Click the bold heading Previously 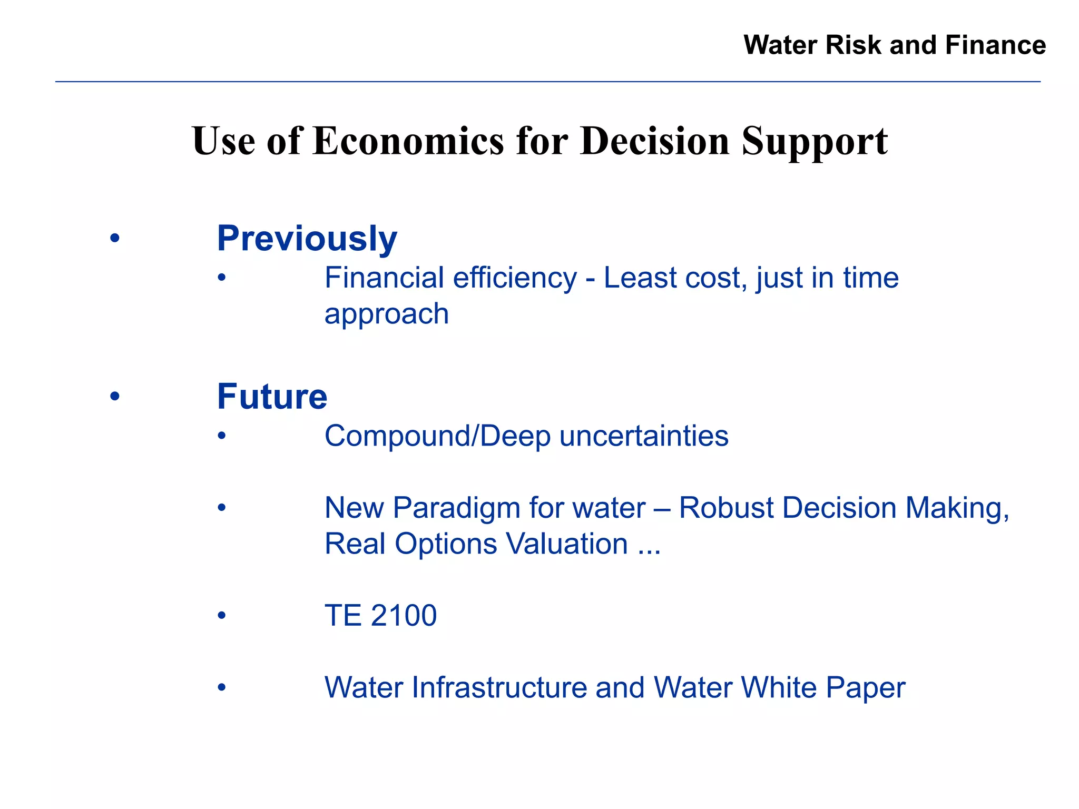pos(307,239)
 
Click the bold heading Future pos(272,397)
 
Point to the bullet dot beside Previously pos(115,239)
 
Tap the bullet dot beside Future pos(115,397)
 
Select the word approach pos(387,314)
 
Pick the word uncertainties pos(644,436)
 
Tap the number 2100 pos(404,615)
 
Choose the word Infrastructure pos(499,687)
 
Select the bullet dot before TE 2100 pos(222,615)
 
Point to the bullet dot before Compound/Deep pos(222,436)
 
